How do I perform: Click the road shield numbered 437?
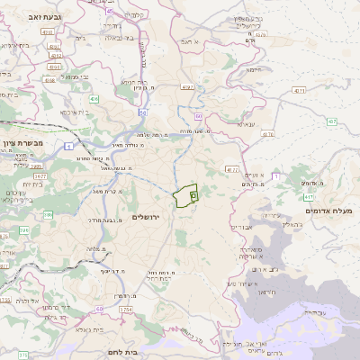tap(332, 121)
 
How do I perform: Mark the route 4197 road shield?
tap(187, 87)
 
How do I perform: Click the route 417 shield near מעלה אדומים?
tap(309, 196)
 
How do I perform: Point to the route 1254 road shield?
tap(125, 310)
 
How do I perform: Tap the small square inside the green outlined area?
tap(193, 195)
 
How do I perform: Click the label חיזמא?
tap(254, 69)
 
